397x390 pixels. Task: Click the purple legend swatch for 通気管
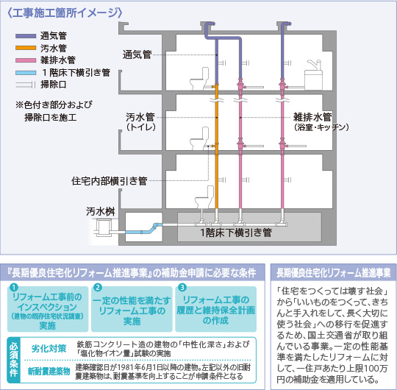(26, 36)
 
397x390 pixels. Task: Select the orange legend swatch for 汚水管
(26, 48)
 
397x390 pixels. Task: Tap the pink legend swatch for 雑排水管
(26, 60)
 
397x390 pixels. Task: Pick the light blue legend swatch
(26, 73)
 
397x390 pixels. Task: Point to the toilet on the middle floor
(199, 138)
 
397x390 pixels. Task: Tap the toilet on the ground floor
(204, 197)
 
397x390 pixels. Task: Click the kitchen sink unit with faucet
(313, 75)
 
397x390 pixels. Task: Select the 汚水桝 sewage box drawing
(104, 227)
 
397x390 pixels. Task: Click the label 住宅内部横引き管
(110, 181)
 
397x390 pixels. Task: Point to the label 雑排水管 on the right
(312, 117)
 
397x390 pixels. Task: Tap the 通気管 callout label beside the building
(137, 54)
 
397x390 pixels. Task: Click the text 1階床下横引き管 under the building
(236, 233)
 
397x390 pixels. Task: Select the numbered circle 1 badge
(14, 287)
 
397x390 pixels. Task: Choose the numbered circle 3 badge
(182, 287)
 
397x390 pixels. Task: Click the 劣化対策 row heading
(49, 349)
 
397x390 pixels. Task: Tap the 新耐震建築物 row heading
(49, 372)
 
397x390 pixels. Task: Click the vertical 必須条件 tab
(14, 360)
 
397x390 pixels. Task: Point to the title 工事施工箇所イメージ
(65, 13)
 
